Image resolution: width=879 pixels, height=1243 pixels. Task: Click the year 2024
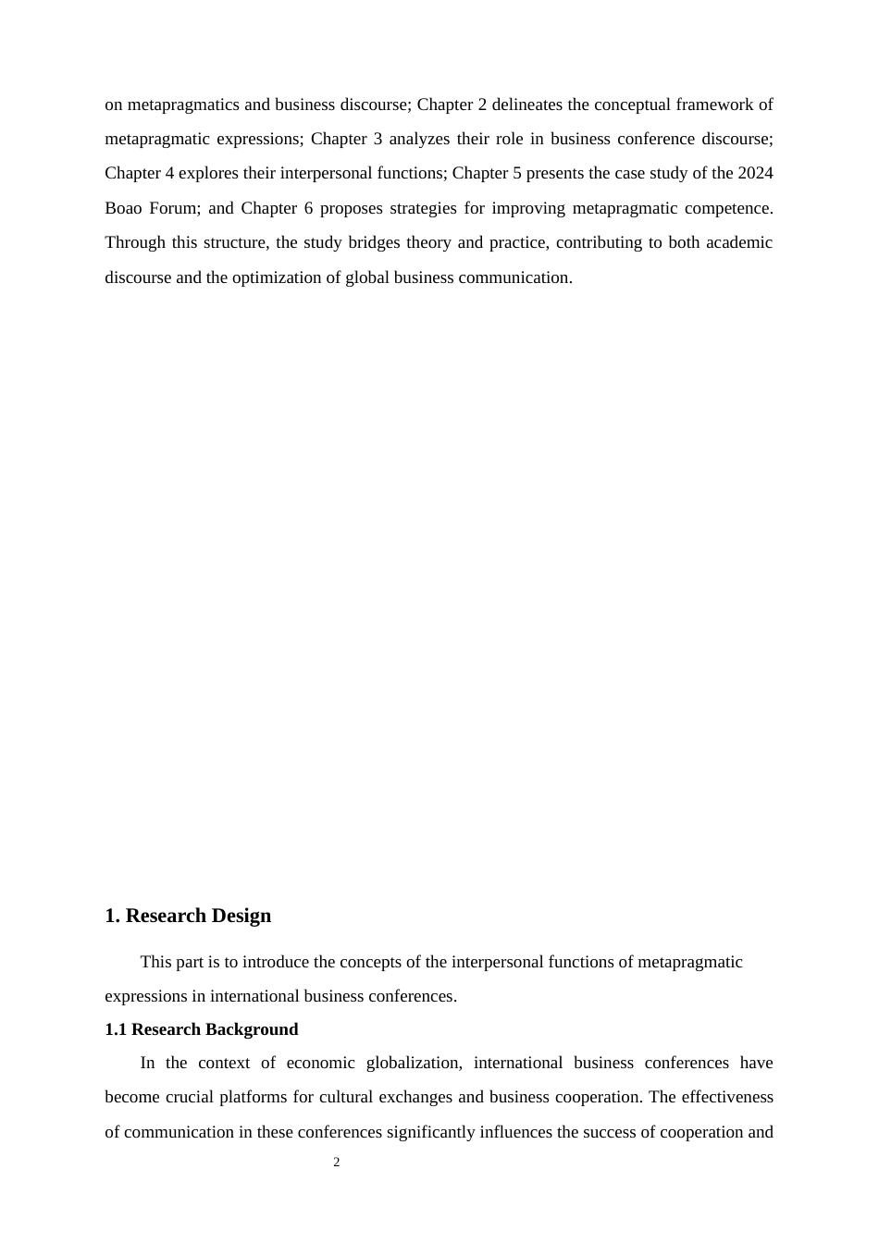click(756, 173)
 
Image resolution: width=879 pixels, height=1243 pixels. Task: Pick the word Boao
click(123, 208)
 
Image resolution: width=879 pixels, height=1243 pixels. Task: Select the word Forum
click(173, 208)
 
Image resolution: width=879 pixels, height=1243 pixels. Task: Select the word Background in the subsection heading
click(253, 1029)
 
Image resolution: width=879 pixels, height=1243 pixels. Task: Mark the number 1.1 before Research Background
click(116, 1029)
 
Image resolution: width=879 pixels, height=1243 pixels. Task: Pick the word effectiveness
click(727, 1098)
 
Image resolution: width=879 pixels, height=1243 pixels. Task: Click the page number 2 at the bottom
click(336, 1163)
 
